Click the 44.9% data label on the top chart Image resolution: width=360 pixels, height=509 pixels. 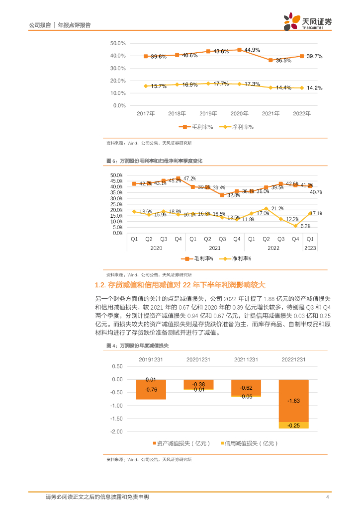[x=252, y=50]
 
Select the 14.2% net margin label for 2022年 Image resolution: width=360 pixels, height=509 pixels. [x=314, y=88]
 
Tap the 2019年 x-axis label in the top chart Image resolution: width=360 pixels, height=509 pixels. [x=208, y=114]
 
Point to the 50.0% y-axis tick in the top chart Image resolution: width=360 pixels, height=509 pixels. [x=118, y=43]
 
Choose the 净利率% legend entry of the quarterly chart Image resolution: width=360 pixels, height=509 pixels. [x=237, y=258]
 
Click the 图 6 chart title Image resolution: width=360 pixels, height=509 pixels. [x=154, y=161]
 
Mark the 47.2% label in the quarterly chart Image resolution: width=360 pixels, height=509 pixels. [x=189, y=178]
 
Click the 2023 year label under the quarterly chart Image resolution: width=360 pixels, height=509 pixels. [x=309, y=248]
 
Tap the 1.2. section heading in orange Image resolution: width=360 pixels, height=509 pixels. [x=180, y=285]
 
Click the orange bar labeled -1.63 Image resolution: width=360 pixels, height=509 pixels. [x=293, y=400]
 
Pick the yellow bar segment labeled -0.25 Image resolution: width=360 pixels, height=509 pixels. [x=293, y=425]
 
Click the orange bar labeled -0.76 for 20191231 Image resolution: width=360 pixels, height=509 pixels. [x=151, y=389]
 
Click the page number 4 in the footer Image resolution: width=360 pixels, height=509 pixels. [x=327, y=497]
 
